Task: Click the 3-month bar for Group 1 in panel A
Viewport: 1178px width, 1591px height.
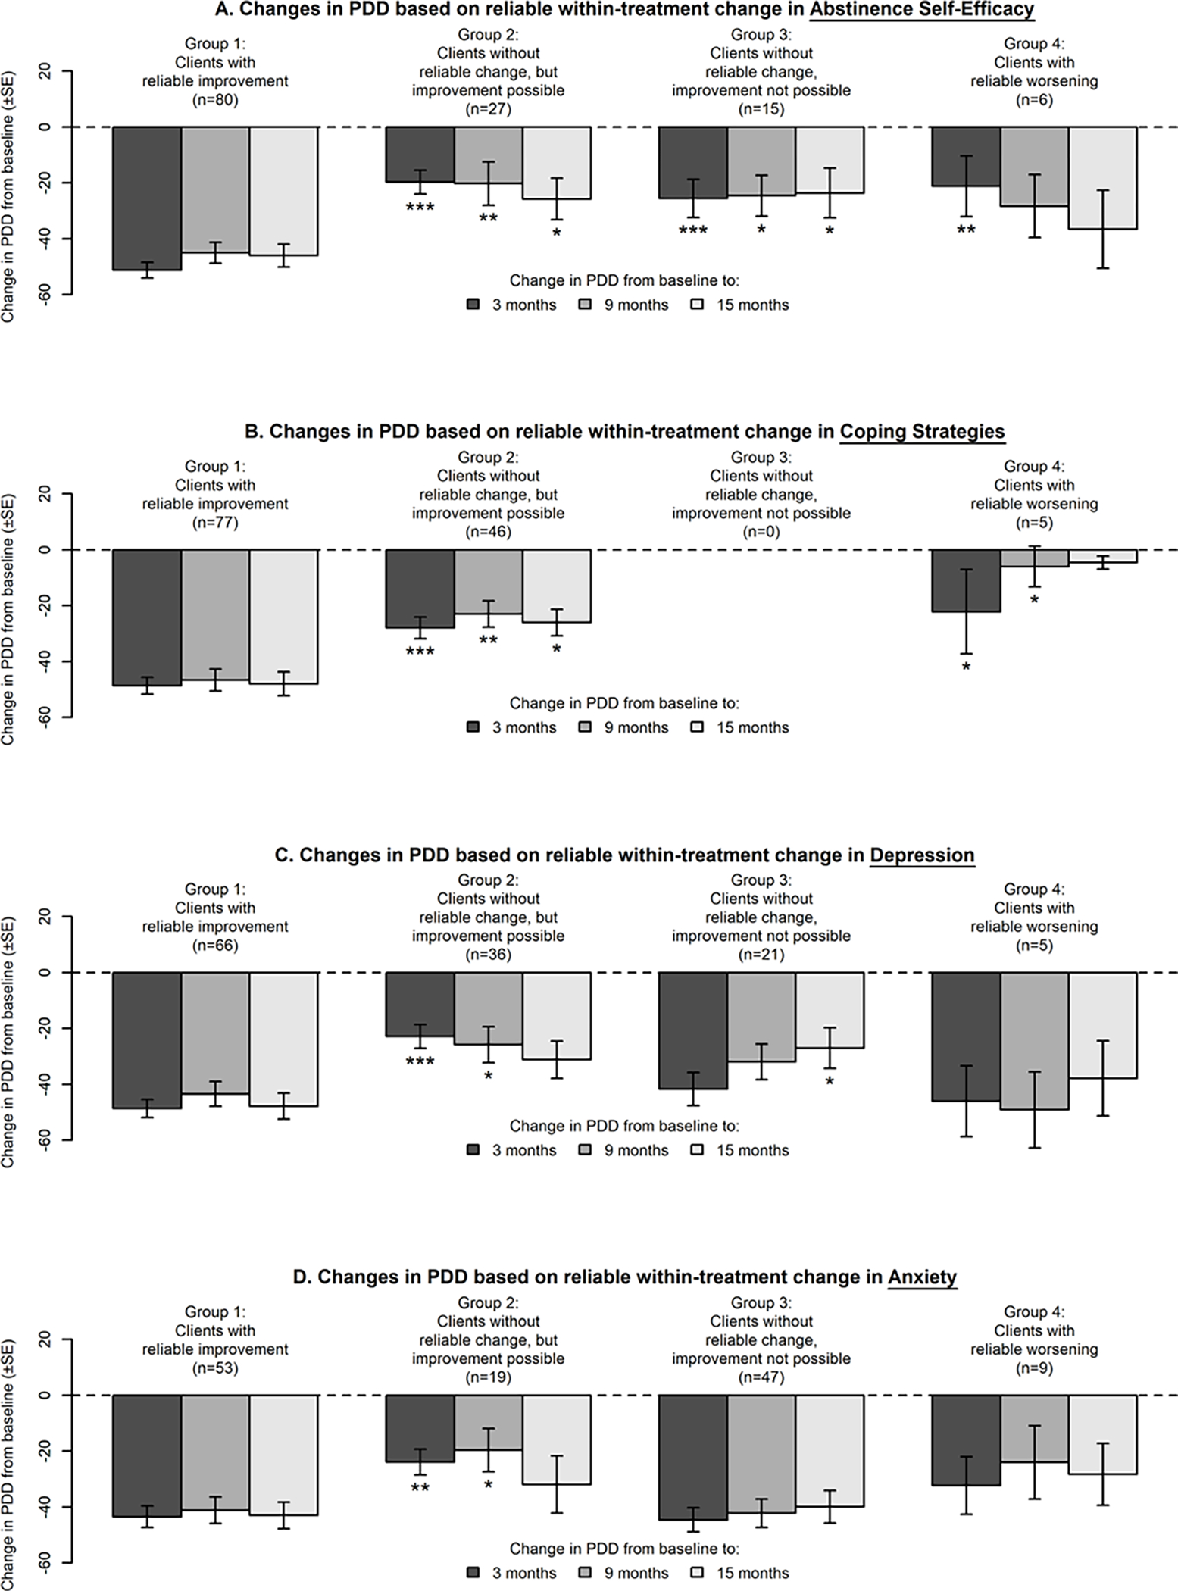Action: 147,198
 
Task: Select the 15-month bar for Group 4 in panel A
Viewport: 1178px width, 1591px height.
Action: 1102,177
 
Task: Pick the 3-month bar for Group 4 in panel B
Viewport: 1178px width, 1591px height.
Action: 966,580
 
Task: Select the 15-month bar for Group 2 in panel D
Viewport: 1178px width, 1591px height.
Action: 556,1439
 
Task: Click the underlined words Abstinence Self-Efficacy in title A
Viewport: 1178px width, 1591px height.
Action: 921,10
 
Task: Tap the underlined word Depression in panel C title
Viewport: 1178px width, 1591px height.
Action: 921,855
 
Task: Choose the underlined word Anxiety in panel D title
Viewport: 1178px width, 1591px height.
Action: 922,1277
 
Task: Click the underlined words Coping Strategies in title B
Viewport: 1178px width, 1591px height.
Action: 922,432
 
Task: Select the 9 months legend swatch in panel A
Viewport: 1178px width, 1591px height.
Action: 585,305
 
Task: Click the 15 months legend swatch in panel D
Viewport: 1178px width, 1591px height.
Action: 698,1574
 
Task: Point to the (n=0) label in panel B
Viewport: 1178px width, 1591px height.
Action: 761,531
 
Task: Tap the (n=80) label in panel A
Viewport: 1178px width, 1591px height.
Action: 215,99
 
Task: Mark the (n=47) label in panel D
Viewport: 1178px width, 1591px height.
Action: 761,1377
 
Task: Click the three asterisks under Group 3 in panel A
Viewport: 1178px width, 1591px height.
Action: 692,230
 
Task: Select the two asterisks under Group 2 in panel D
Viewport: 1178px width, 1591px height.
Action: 420,1489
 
